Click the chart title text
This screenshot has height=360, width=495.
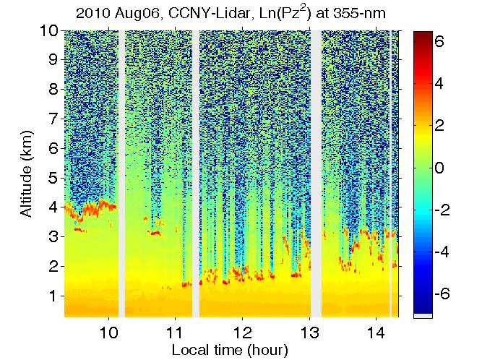point(231,13)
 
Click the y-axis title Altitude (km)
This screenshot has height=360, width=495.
point(27,173)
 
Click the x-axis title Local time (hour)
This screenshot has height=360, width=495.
point(230,351)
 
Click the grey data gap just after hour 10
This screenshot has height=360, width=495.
point(121,173)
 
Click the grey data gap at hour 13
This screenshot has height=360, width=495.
point(316,173)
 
